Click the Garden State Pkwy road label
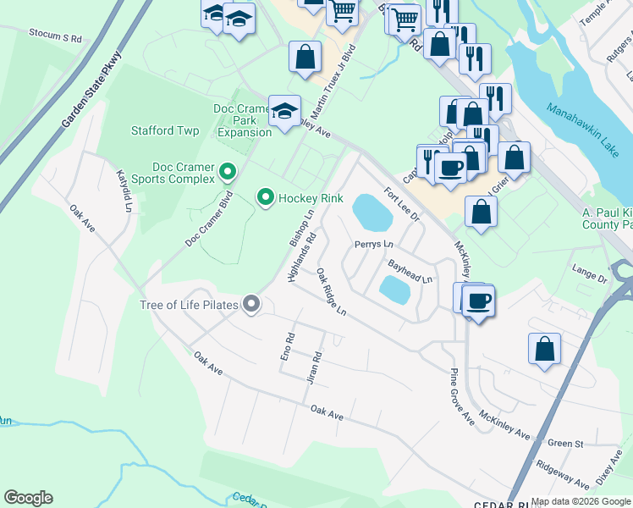click(91, 91)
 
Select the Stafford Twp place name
click(165, 131)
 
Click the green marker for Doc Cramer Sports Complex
click(227, 173)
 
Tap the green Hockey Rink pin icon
click(266, 198)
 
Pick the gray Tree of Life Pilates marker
click(250, 304)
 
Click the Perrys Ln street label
click(374, 245)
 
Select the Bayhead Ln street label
click(410, 273)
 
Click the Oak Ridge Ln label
click(331, 292)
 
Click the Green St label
click(566, 443)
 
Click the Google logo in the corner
click(28, 498)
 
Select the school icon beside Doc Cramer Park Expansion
click(285, 110)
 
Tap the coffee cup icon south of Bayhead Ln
click(478, 301)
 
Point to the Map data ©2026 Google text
click(581, 501)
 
